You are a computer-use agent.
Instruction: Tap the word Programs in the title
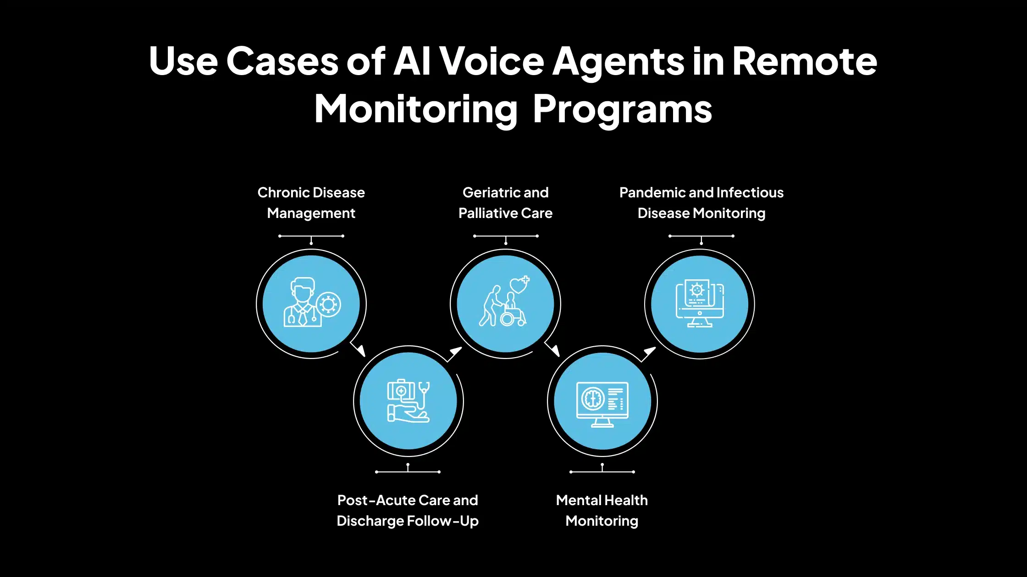pos(622,110)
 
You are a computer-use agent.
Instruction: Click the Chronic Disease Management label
pos(311,202)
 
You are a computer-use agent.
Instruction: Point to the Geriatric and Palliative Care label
pos(505,202)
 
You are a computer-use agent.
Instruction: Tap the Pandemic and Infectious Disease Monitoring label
pos(701,202)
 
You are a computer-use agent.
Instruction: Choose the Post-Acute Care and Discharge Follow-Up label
pos(408,510)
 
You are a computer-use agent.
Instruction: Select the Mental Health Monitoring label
pos(602,510)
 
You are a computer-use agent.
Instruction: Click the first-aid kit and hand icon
pos(408,401)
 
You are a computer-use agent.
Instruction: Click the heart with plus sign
pos(519,285)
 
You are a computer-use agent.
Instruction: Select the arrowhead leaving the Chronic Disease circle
pos(361,350)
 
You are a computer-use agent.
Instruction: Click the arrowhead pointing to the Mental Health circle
pos(555,350)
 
